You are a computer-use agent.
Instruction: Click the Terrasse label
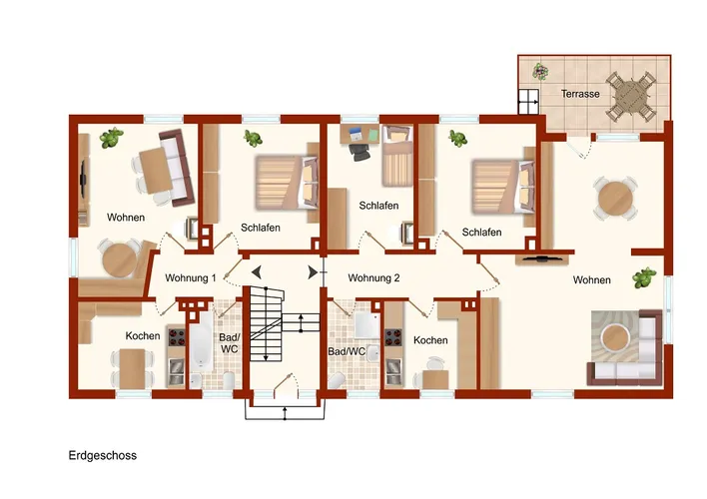coord(580,94)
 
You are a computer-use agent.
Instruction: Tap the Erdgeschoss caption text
coord(102,456)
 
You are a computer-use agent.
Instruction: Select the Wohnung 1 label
coord(191,277)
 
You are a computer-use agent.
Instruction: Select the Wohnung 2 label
coord(373,278)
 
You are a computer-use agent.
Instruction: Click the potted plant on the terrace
coord(540,71)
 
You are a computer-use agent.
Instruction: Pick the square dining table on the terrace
coord(630,96)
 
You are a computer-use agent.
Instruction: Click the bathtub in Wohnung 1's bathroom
coord(201,341)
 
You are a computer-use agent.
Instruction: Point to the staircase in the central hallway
coord(267,323)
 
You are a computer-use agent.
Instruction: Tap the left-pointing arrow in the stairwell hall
coord(256,272)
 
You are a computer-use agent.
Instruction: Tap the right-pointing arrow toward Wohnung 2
coord(313,272)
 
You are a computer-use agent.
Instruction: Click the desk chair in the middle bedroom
coord(359,152)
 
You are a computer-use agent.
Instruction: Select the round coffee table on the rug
coord(615,338)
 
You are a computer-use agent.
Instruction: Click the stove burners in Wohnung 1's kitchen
coord(177,336)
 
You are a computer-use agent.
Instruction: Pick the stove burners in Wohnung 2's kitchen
coord(393,337)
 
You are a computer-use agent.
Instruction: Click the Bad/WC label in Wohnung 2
coord(347,351)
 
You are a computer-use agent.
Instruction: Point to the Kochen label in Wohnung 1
coord(143,335)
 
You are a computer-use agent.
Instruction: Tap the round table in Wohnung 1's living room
coord(120,260)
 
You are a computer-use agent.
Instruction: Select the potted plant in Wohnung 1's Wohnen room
coord(111,138)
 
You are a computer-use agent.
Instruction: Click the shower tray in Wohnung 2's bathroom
coord(367,324)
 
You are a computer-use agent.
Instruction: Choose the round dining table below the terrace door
coord(615,199)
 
